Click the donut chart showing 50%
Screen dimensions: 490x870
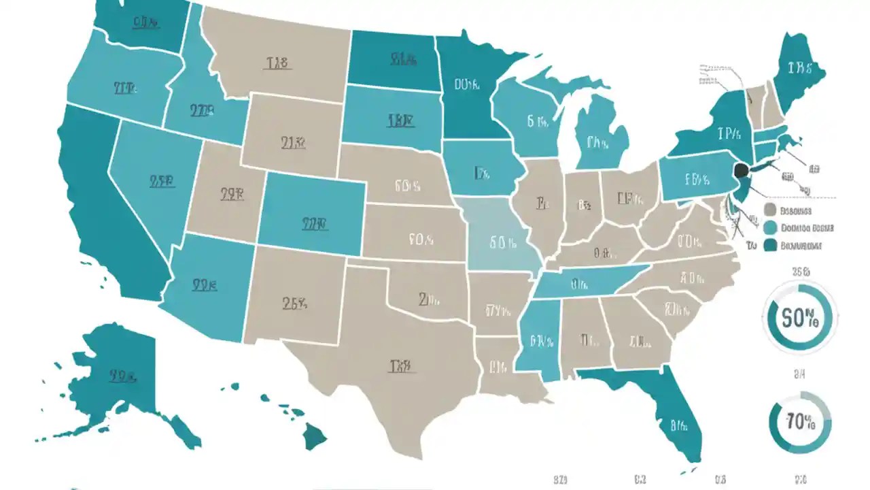(799, 317)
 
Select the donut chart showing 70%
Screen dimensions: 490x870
(799, 423)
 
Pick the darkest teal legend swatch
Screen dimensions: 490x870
(770, 245)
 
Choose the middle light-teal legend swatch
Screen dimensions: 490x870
(770, 228)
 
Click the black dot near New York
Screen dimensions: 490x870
(742, 169)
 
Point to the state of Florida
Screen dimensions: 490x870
(673, 415)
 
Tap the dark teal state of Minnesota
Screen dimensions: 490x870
(469, 88)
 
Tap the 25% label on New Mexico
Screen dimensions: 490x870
(293, 304)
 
